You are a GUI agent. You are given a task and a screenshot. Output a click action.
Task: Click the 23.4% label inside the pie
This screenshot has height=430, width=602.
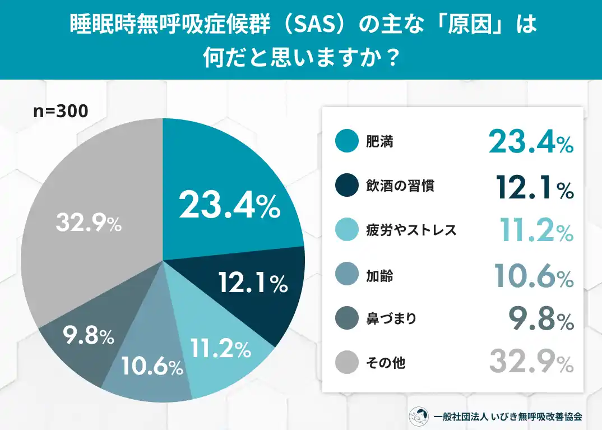click(x=229, y=206)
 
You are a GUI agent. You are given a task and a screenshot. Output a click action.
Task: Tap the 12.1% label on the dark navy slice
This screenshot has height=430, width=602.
click(x=252, y=284)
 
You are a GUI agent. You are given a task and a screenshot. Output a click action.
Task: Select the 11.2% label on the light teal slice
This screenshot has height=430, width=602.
click(x=219, y=349)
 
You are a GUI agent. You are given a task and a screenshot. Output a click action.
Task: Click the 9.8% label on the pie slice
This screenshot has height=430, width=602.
click(x=88, y=336)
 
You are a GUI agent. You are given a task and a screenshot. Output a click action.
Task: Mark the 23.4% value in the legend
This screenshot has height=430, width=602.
click(x=530, y=142)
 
